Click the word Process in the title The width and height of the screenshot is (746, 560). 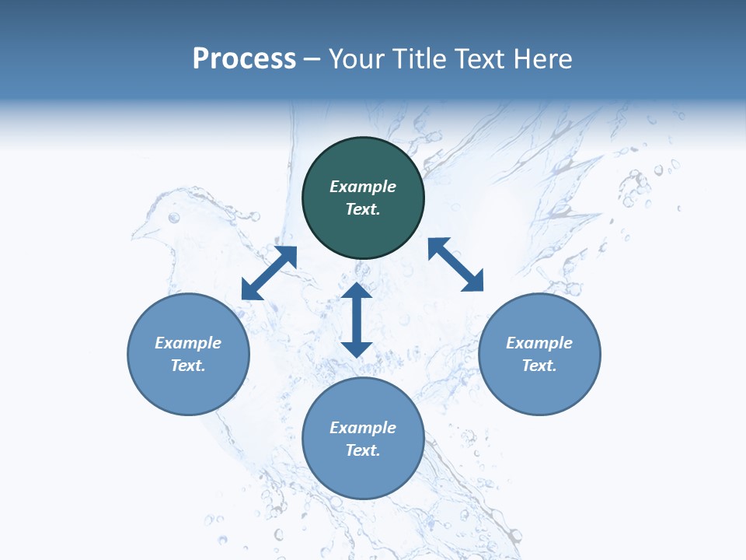244,59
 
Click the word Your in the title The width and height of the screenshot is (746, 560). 355,59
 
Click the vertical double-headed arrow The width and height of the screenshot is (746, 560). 357,320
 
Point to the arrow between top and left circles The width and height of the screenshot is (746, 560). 269,273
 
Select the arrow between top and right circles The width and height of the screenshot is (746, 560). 455,264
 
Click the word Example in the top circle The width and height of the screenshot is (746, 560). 363,187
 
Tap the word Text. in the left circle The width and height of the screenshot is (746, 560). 188,366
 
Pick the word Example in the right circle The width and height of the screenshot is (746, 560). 539,343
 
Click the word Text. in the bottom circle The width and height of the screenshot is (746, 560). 363,450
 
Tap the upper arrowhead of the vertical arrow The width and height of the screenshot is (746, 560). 357,291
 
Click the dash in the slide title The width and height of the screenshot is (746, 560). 312,60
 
